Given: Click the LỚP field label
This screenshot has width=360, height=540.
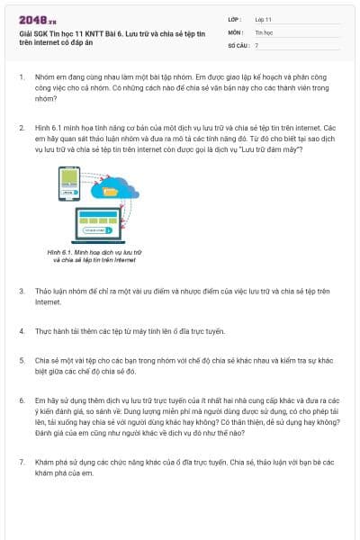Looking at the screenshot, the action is point(235,18).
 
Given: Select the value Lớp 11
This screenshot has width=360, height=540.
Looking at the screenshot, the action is point(264,18).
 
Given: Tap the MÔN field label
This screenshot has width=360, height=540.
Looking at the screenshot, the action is point(236,31).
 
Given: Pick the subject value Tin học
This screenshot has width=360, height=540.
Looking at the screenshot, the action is point(264,31).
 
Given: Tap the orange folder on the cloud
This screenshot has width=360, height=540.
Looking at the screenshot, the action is point(111,190).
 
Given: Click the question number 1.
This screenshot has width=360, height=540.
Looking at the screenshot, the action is point(21,78).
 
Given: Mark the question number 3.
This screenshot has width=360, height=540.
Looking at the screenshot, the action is point(21,292).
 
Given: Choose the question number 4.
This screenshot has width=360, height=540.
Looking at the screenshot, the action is point(21,331).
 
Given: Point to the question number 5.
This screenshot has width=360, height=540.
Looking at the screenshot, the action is point(21,358).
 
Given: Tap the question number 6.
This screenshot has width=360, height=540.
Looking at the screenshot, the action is point(21,398).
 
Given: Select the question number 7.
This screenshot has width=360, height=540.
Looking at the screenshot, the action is point(21,462).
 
